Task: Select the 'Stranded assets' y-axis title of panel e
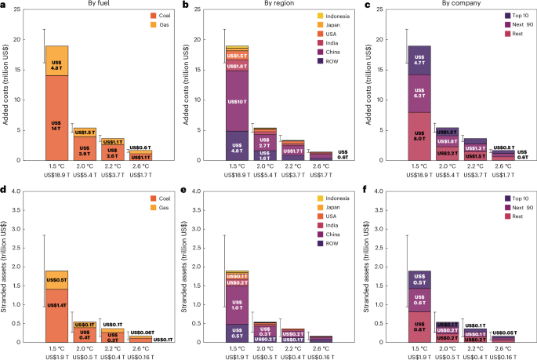coord(186,267)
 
